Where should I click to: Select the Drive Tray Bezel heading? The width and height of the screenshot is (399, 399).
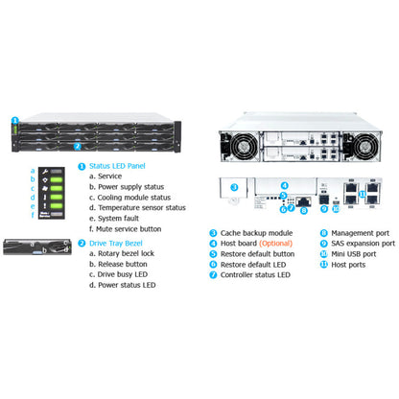(121, 244)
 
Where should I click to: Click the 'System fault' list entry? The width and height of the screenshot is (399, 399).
(122, 219)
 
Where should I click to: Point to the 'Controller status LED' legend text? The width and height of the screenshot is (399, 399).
(256, 274)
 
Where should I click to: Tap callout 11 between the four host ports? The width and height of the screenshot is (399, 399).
(361, 192)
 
